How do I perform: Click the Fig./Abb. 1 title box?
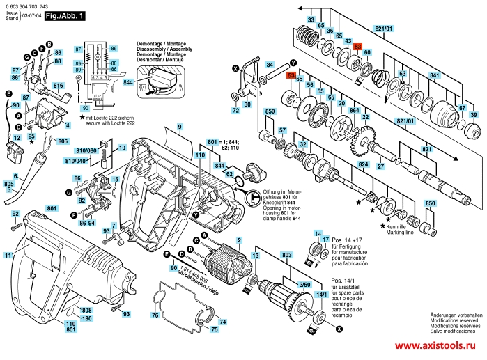click(65, 14)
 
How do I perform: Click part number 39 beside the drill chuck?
click(474, 115)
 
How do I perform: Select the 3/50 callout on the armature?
click(304, 285)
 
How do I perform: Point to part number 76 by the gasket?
click(155, 316)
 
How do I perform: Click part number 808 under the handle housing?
click(86, 310)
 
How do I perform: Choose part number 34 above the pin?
click(268, 65)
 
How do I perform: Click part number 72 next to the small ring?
click(236, 111)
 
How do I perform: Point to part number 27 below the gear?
click(381, 167)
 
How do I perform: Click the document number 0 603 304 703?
click(26, 4)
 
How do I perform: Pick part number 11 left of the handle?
click(8, 256)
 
